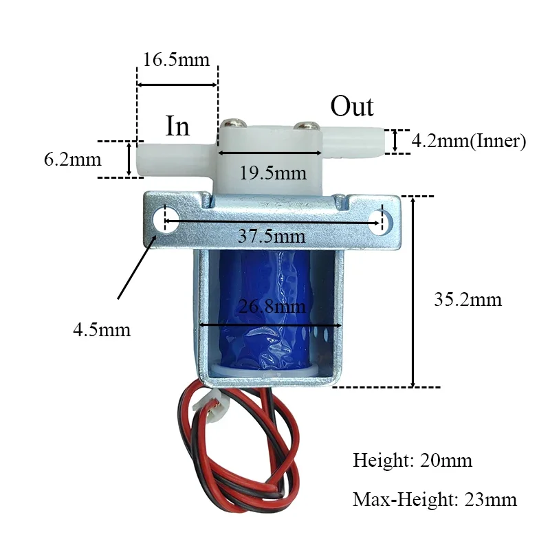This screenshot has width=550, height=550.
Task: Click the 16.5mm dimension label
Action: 176,59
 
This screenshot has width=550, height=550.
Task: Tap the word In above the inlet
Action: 177,126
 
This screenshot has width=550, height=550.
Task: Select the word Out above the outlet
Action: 352,107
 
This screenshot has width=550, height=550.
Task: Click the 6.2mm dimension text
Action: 72,160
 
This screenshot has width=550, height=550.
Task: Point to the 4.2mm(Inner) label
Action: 468,142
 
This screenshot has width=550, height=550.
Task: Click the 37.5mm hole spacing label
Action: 272,236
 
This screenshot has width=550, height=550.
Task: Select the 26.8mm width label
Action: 272,307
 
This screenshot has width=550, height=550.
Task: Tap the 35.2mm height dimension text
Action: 468,300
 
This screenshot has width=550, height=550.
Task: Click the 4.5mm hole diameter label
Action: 102,329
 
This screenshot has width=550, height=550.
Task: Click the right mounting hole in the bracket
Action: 383,220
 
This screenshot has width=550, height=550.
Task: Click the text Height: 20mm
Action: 412,460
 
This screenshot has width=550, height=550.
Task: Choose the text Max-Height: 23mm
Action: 434,499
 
